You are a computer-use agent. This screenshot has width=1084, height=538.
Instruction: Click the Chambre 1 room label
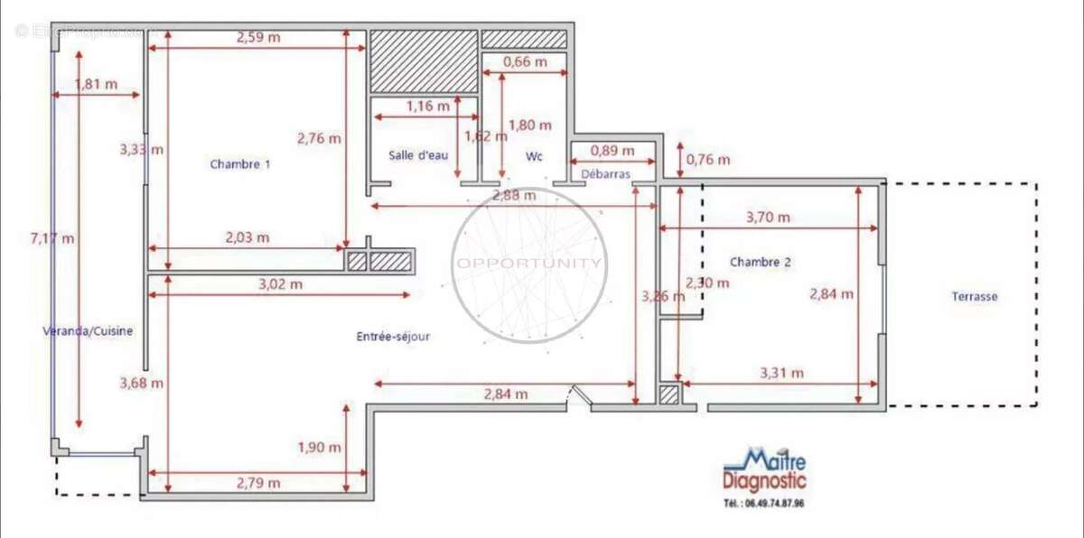pos(239,164)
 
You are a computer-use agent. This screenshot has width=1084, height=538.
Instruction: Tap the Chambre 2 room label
pos(760,262)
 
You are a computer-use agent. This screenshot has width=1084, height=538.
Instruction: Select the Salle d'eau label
pos(418,155)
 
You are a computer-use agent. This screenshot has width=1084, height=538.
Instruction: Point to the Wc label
pos(534,156)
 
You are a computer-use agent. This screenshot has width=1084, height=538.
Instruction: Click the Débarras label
pos(605,172)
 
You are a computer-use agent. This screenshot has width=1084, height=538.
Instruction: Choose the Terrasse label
pos(974,296)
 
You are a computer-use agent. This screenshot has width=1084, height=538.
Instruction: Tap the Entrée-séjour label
pos(393,337)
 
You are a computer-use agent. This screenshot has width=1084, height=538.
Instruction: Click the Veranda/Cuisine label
pos(88,331)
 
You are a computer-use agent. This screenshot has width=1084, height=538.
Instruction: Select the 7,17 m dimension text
pos(52,238)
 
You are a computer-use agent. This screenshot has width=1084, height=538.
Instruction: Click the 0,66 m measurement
pos(524,62)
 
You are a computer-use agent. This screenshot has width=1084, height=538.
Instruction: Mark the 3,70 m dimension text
pos(768,217)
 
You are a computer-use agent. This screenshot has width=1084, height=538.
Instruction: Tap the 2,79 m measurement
pos(258,483)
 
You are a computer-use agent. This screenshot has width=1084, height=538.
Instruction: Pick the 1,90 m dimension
pos(319,447)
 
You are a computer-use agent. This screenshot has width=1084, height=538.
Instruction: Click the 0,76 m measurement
pos(708,160)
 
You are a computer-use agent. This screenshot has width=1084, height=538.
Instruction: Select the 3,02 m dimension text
pos(280,283)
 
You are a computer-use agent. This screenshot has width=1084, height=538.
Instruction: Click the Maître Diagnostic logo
pos(764,470)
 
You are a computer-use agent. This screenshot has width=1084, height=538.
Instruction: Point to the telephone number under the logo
pos(763,503)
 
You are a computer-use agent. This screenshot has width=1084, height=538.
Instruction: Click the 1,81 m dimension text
pos(96,84)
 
